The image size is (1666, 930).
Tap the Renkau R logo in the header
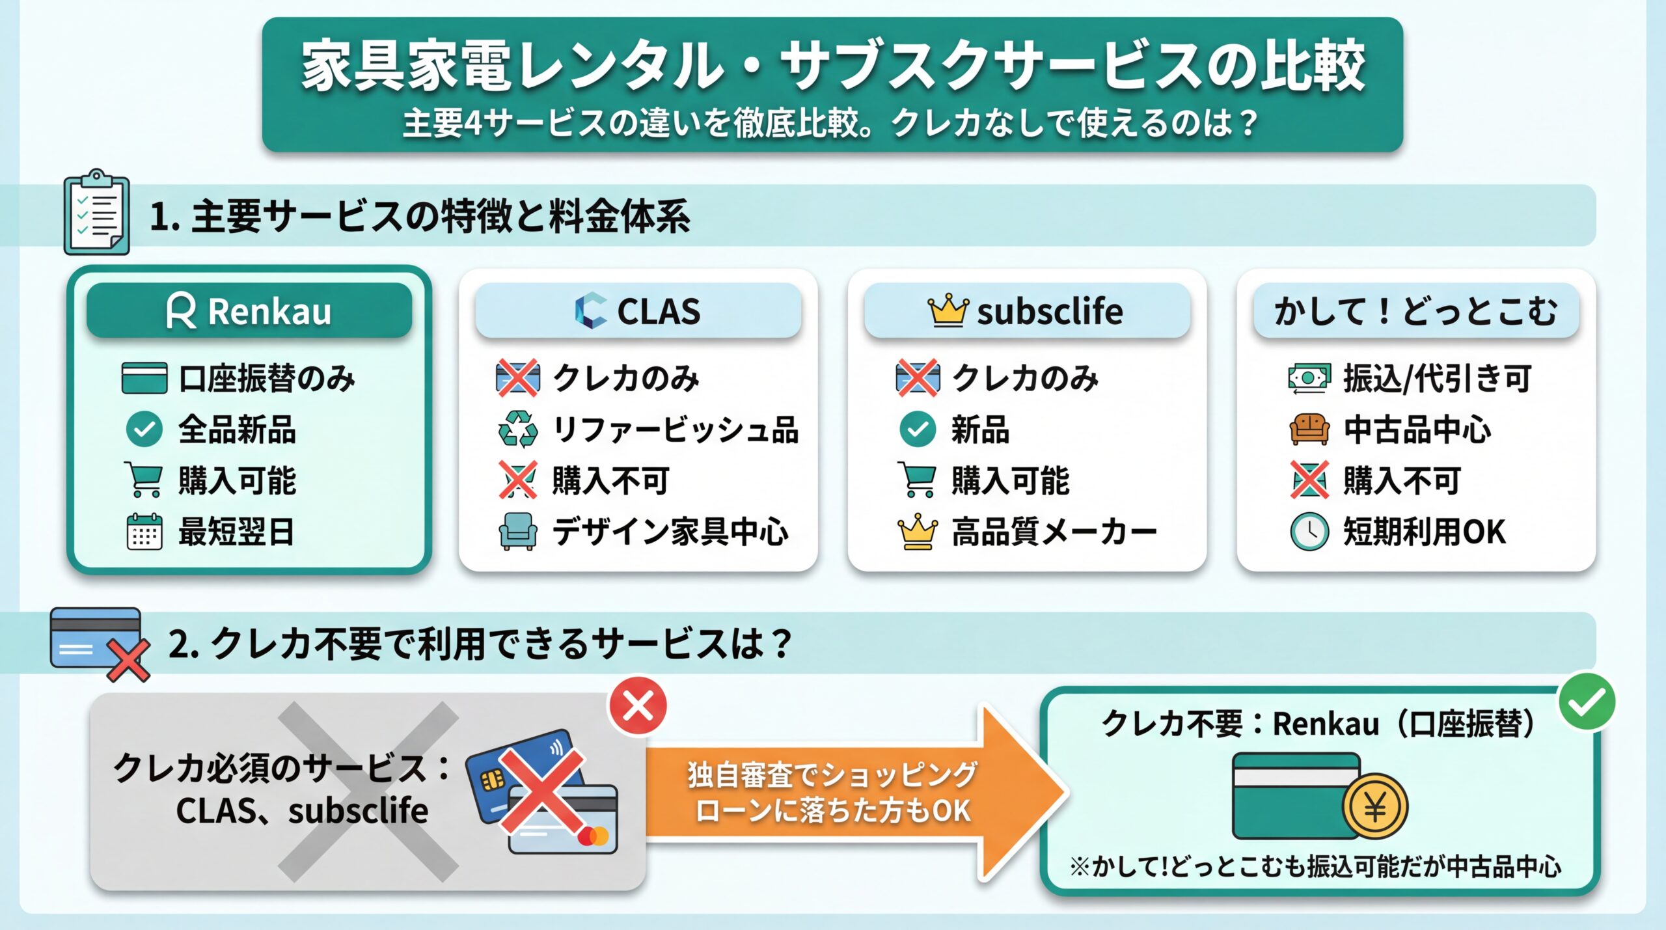[x=181, y=311]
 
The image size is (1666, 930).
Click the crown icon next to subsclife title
[x=948, y=310]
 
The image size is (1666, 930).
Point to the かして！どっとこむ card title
[x=1415, y=311]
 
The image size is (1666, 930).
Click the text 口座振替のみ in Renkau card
[x=267, y=379]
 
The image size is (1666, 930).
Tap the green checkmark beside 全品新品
[x=144, y=430]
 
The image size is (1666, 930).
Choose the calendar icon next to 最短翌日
[x=144, y=532]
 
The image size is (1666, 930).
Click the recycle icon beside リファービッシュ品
[x=518, y=430]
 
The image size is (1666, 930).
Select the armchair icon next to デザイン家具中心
[x=518, y=532]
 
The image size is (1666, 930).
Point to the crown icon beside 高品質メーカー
[x=918, y=532]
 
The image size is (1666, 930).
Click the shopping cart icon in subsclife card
[x=918, y=480]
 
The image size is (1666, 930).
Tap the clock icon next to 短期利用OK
[x=1309, y=532]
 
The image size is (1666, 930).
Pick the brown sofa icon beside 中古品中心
[x=1309, y=430]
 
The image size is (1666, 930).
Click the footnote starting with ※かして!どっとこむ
[x=1315, y=866]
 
